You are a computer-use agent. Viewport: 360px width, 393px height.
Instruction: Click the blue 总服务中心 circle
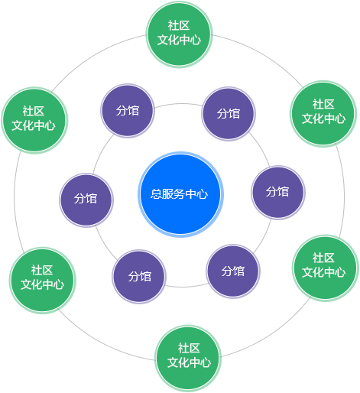point(180,194)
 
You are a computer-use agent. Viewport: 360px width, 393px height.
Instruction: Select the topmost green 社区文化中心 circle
point(179,34)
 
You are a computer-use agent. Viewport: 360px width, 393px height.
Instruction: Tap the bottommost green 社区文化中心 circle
point(188,358)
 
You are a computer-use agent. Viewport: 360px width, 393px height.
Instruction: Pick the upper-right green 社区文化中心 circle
point(323,114)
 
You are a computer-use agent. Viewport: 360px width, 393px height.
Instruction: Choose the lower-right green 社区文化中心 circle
point(326,268)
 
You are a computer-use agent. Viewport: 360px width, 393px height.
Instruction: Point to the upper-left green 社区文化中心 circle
point(34,120)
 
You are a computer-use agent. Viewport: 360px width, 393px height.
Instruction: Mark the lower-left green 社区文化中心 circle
point(43,281)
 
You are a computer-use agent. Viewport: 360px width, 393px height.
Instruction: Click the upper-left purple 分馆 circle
point(128,111)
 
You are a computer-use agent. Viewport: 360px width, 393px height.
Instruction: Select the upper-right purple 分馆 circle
point(229,114)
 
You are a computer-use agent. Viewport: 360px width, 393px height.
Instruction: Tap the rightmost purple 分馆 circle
point(278,193)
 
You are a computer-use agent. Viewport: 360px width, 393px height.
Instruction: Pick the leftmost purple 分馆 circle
point(86,200)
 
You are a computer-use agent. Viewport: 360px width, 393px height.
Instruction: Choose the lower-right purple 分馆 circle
point(233,271)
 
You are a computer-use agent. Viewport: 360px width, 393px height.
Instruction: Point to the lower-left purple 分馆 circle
point(139,277)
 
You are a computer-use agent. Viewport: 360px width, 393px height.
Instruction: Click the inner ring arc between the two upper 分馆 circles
point(178,104)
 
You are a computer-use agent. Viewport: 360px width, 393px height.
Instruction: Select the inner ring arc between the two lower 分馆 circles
point(186,287)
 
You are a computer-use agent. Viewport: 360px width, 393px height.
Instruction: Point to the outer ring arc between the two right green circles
point(344,191)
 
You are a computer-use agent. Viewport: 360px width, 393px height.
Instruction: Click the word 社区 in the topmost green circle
point(179,26)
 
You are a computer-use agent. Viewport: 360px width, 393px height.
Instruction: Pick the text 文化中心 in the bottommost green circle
point(189,362)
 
